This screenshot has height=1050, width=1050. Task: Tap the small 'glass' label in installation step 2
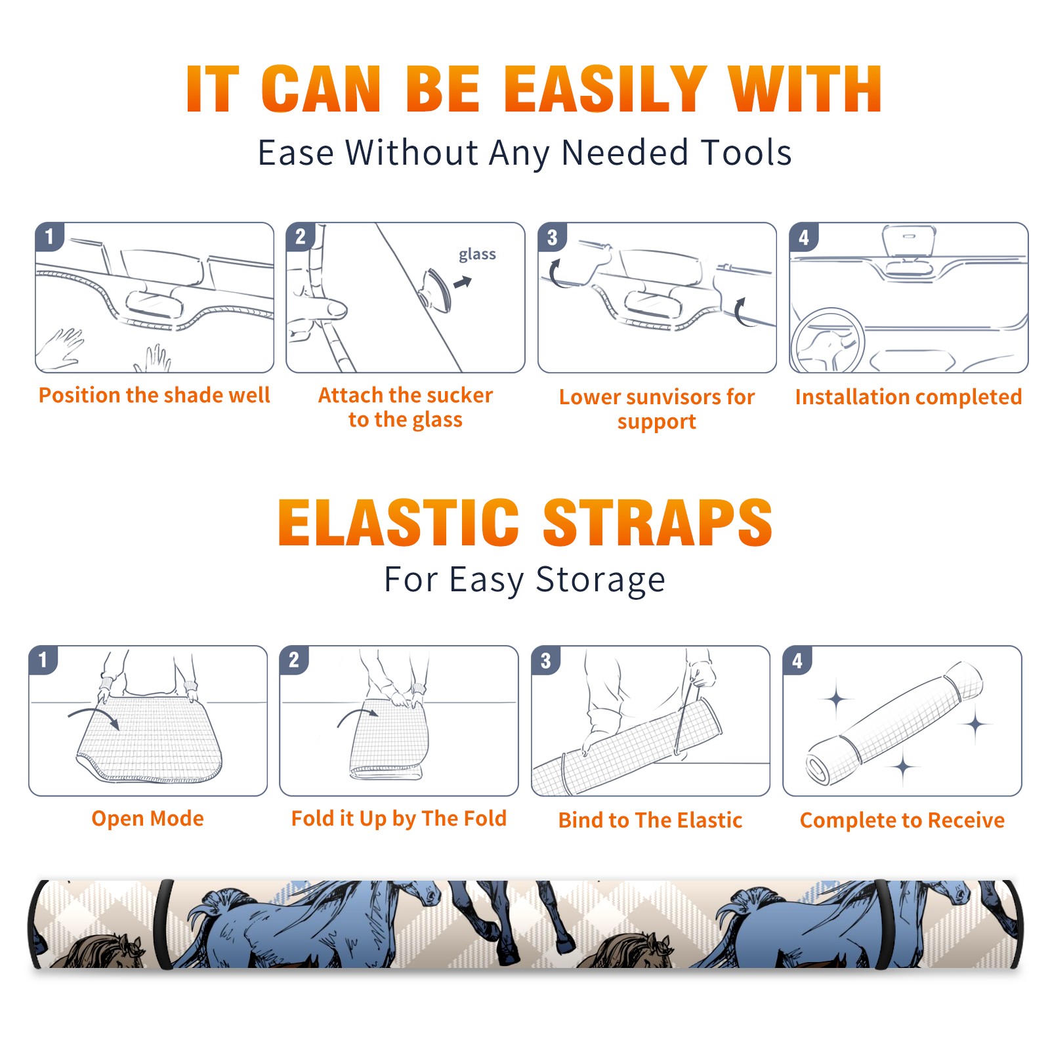pyautogui.click(x=477, y=255)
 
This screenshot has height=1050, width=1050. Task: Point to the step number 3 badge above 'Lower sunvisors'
pyautogui.click(x=552, y=237)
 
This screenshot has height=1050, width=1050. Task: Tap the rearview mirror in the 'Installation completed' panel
pyautogui.click(x=909, y=241)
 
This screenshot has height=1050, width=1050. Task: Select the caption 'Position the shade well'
pyautogui.click(x=154, y=395)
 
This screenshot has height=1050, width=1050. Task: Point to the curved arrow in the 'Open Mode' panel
pyautogui.click(x=94, y=717)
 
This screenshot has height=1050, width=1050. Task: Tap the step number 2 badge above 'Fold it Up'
pyautogui.click(x=294, y=660)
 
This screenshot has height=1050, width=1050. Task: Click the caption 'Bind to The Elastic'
pyautogui.click(x=650, y=820)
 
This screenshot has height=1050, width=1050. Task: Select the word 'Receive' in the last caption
pyautogui.click(x=966, y=820)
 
